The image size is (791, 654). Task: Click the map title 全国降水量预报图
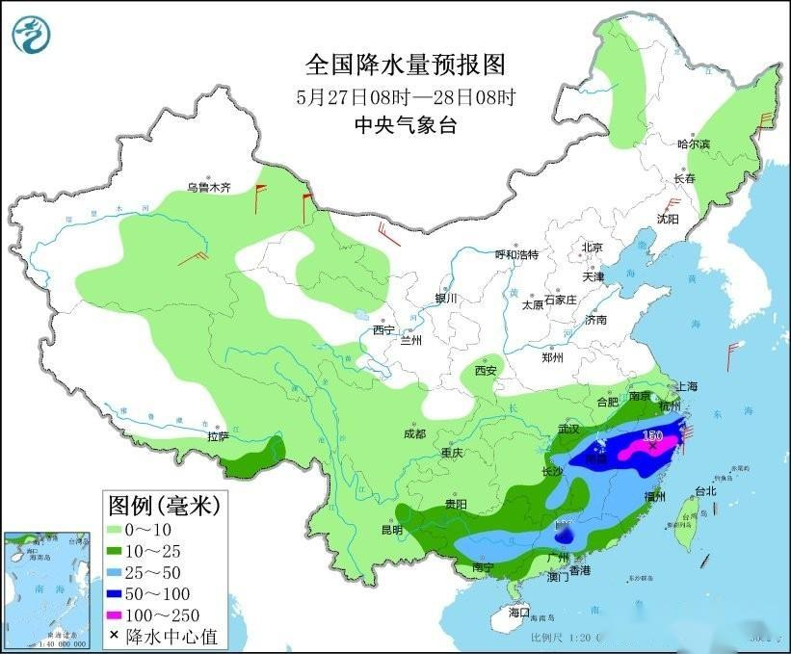pyautogui.click(x=405, y=65)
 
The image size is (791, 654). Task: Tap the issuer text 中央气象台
pyautogui.click(x=405, y=124)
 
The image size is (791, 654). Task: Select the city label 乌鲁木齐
pyautogui.click(x=209, y=188)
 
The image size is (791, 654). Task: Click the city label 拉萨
pyautogui.click(x=218, y=436)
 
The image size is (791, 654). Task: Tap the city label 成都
pyautogui.click(x=414, y=433)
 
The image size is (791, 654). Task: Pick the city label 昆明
pyautogui.click(x=391, y=531)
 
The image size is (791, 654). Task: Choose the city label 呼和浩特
pyautogui.click(x=516, y=254)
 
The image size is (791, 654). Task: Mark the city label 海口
pyautogui.click(x=519, y=613)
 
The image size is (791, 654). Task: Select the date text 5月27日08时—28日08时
pyautogui.click(x=405, y=96)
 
